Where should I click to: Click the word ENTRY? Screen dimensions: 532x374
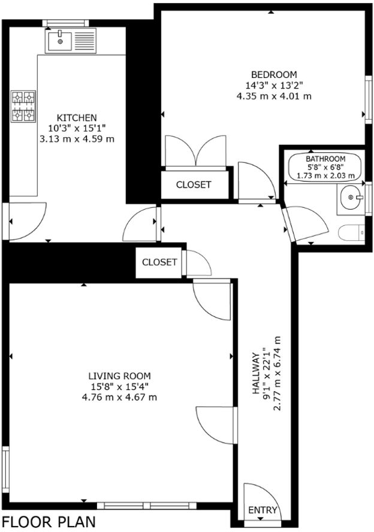[x=263, y=510]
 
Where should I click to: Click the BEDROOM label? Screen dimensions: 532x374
[x=266, y=74]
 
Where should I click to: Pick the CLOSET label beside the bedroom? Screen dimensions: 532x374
[x=194, y=185]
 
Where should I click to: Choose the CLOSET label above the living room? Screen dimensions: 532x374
[x=159, y=262]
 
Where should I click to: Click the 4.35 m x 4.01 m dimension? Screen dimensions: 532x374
[x=266, y=95]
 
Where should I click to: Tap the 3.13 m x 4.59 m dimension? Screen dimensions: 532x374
[x=76, y=138]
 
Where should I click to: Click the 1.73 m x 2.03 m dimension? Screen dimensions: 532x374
[x=326, y=176]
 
